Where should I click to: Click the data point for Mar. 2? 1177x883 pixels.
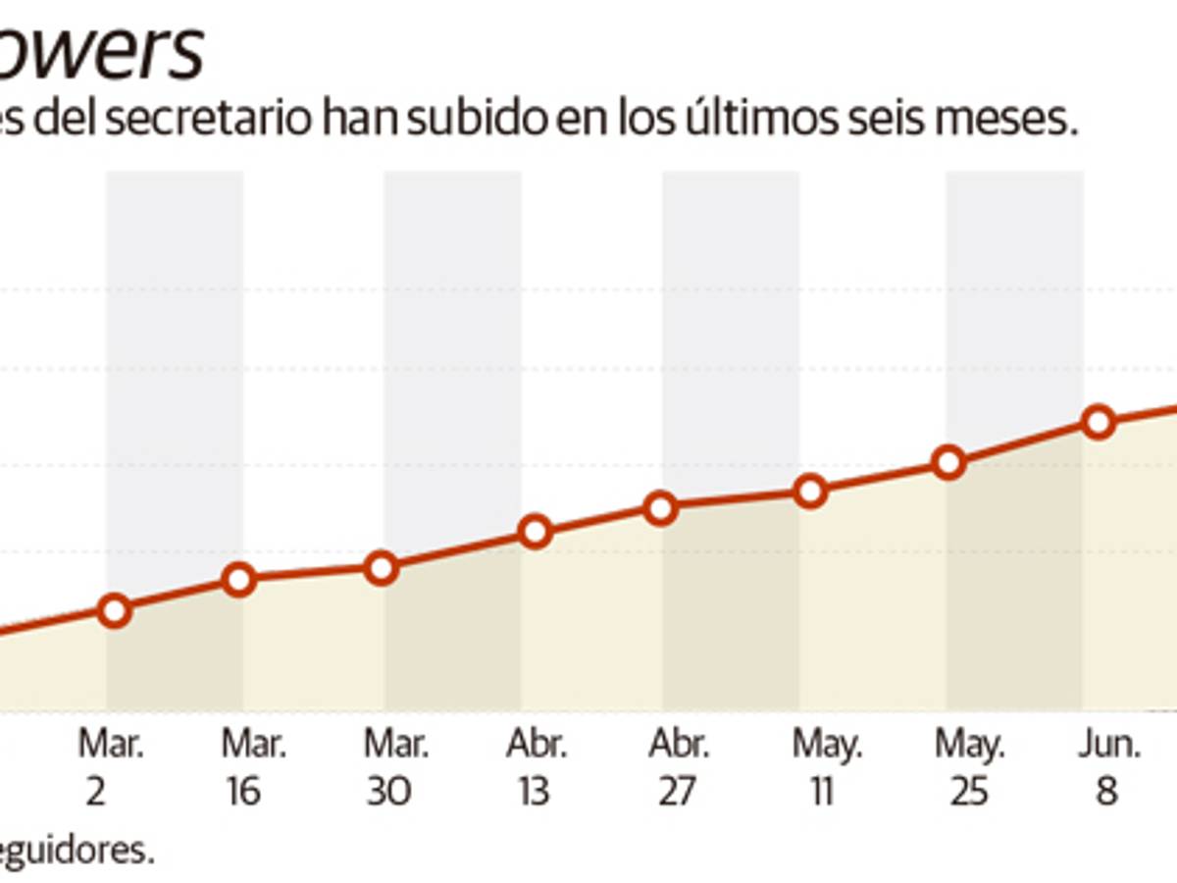click(115, 610)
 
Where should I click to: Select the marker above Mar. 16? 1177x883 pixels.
click(239, 579)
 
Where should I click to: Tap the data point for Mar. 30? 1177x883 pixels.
click(381, 568)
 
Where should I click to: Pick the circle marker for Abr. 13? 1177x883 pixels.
click(535, 532)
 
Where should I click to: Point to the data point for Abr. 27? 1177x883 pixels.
click(662, 508)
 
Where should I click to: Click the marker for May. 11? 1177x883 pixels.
click(810, 491)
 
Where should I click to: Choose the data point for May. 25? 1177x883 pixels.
click(948, 462)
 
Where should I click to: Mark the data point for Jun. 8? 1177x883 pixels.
click(1099, 422)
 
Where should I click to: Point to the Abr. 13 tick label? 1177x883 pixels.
click(536, 768)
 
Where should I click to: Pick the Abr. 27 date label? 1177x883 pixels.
click(679, 768)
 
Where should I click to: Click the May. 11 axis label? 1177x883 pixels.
click(826, 768)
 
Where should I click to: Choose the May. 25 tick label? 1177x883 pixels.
click(969, 768)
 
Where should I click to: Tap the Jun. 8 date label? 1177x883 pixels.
click(1108, 768)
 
